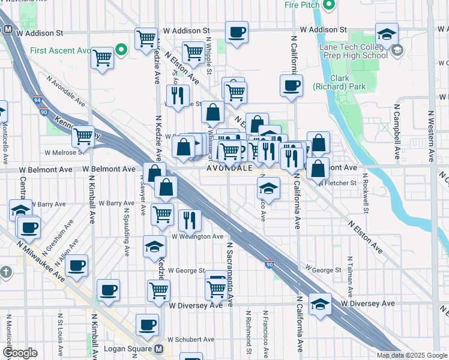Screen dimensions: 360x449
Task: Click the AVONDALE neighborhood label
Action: [x=231, y=169]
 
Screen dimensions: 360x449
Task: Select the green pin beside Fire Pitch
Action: [x=328, y=5]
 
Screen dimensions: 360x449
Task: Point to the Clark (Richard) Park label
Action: [x=340, y=82]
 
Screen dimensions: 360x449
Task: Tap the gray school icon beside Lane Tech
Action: [x=396, y=51]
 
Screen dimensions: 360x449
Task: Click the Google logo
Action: [x=20, y=353]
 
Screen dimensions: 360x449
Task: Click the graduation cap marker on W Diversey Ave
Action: [x=321, y=304]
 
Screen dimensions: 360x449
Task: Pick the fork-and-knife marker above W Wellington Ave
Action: [x=188, y=220]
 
